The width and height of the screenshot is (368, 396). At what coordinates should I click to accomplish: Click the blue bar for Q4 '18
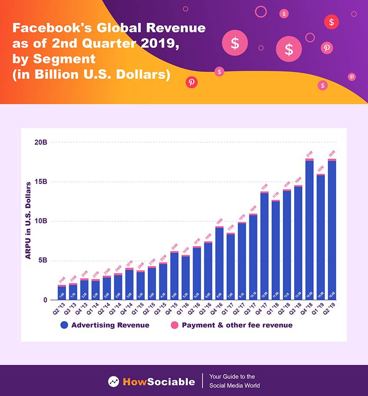pyautogui.click(x=309, y=230)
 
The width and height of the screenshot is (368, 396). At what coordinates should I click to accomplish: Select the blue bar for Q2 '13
pyautogui.click(x=62, y=293)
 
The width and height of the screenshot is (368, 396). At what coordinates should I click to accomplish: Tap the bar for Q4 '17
pyautogui.click(x=264, y=246)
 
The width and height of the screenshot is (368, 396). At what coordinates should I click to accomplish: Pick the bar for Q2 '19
pyautogui.click(x=332, y=230)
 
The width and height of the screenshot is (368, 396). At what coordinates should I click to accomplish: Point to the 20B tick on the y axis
pyautogui.click(x=41, y=142)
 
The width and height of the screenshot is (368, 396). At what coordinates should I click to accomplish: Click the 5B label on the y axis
pyautogui.click(x=43, y=261)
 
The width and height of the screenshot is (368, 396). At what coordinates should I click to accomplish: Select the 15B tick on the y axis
pyautogui.click(x=41, y=182)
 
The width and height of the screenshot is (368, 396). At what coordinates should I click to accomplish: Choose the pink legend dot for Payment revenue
pyautogui.click(x=175, y=325)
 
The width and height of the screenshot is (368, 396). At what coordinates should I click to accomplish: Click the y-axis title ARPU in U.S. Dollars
pyautogui.click(x=28, y=221)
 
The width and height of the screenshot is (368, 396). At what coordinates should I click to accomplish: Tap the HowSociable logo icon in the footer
pyautogui.click(x=114, y=382)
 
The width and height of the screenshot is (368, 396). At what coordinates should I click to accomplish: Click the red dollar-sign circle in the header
pyautogui.click(x=332, y=22)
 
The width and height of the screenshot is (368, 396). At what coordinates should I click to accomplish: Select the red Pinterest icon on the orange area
pyautogui.click(x=191, y=82)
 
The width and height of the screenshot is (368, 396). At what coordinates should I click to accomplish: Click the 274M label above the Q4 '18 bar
pyautogui.click(x=309, y=154)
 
